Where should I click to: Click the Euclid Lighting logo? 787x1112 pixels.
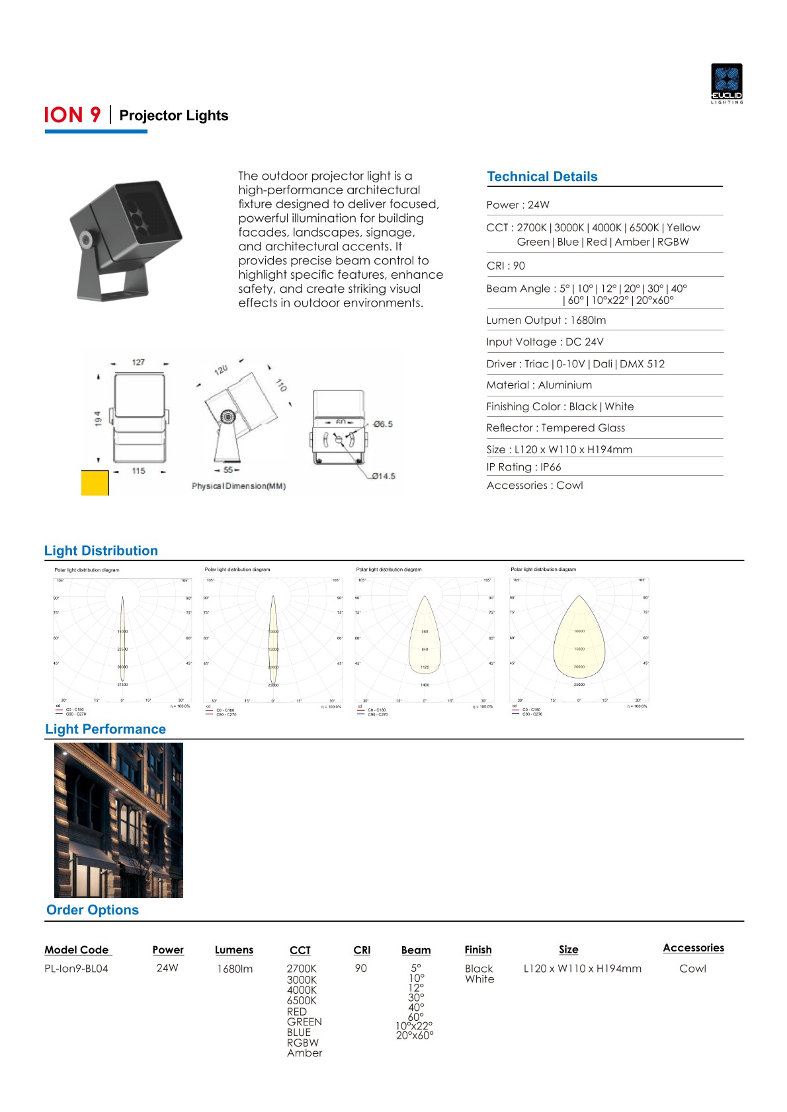[726, 83]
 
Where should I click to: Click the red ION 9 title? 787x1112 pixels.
[72, 115]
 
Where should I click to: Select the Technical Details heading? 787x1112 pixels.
[542, 176]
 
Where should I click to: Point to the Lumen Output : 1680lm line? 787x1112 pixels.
[546, 320]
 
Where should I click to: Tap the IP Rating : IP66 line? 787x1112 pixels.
[523, 467]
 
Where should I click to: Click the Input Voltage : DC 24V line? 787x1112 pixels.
[544, 342]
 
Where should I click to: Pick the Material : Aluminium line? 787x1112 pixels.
[539, 385]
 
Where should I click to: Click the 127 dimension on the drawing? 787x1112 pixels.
[138, 362]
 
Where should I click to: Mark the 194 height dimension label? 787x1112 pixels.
[98, 418]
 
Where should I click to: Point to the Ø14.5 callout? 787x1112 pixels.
[383, 476]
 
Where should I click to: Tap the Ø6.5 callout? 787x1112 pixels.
[382, 424]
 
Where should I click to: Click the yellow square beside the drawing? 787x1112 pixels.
[95, 483]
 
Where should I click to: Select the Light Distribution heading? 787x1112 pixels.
[101, 550]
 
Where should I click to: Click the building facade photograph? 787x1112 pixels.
[118, 819]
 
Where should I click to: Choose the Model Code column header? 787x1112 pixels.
[77, 949]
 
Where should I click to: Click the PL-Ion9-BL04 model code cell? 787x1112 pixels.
[76, 968]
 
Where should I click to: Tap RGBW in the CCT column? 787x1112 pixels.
[302, 1043]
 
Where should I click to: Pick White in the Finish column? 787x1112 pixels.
[479, 979]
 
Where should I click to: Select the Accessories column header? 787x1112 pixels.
[693, 947]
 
